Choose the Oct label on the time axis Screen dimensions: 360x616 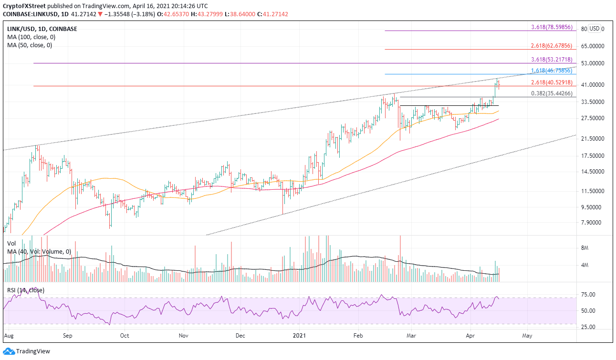click(125, 336)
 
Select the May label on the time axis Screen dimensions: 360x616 click(527, 336)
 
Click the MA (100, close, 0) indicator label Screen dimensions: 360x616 click(30, 37)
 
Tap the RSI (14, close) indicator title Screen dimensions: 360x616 click(26, 290)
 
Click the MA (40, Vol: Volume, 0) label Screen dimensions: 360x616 click(39, 251)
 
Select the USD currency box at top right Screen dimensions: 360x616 click(595, 29)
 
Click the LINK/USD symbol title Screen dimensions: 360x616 click(19, 29)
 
